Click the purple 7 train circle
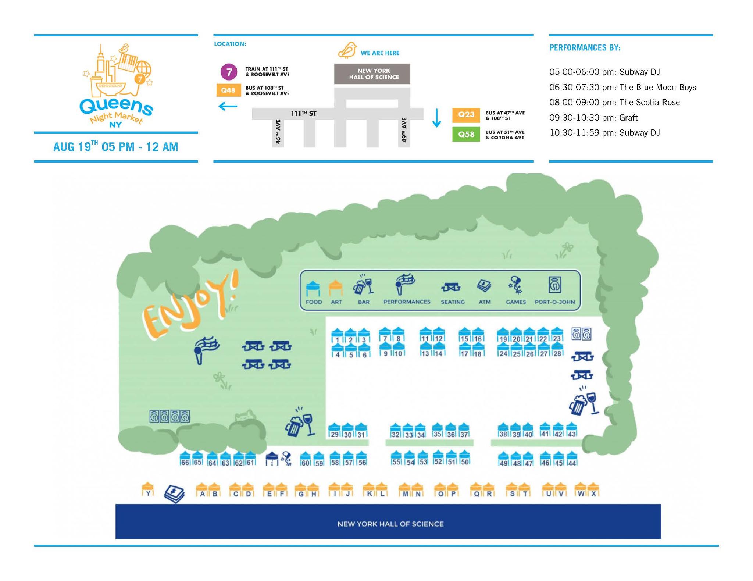tap(229, 72)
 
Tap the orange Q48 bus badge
tap(228, 90)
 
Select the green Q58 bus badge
tap(466, 134)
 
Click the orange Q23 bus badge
tap(466, 115)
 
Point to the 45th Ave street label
tap(278, 131)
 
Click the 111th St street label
tap(303, 114)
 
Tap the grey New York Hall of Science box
tap(372, 74)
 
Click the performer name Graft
tap(628, 118)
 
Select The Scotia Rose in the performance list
tap(649, 102)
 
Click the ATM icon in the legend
tap(484, 286)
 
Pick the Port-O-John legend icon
tap(554, 285)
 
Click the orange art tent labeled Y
tap(148, 490)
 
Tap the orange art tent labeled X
tap(593, 490)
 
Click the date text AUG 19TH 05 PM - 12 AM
tap(116, 147)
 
